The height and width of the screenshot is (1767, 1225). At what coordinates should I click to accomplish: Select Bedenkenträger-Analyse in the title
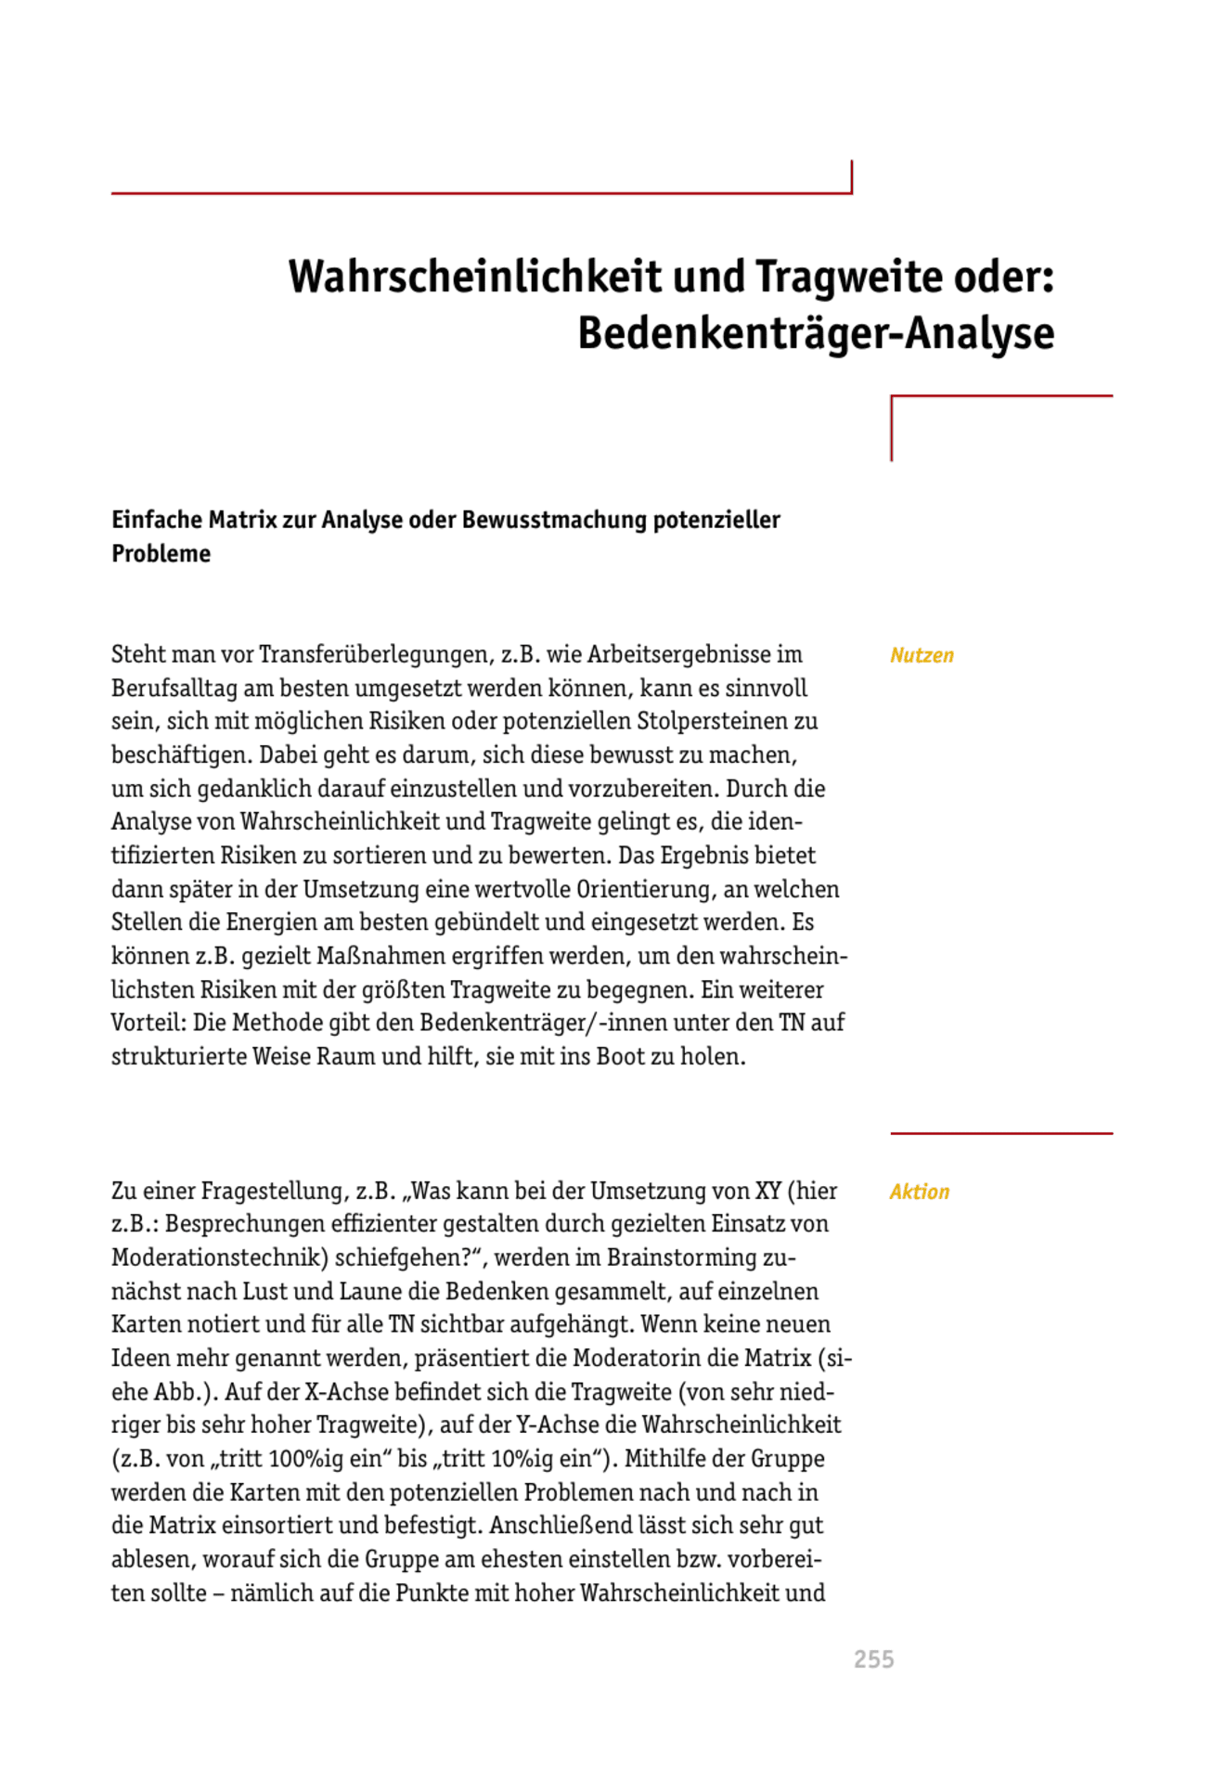click(x=816, y=333)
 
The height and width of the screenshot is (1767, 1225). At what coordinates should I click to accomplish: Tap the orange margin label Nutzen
click(x=922, y=655)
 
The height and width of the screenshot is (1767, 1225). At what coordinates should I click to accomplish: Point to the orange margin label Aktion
click(x=919, y=1192)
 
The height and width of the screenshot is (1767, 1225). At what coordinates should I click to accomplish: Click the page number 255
click(x=873, y=1659)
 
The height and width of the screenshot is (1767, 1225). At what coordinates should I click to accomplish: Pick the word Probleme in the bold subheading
click(x=161, y=554)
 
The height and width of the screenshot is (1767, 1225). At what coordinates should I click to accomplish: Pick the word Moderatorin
click(x=637, y=1359)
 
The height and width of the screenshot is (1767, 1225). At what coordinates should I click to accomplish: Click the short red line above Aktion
click(x=1000, y=1133)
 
